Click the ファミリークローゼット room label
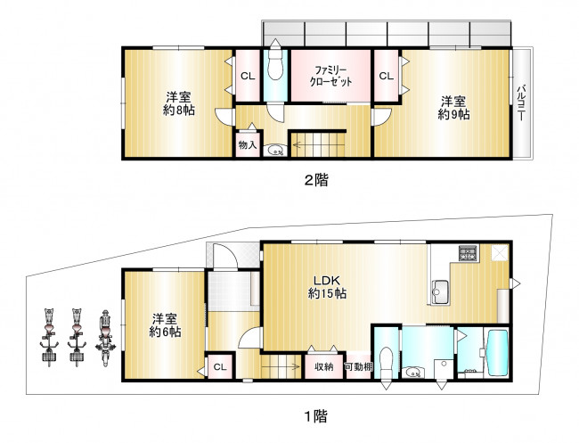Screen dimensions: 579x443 click(x=330, y=76)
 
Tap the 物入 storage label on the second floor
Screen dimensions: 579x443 click(x=248, y=144)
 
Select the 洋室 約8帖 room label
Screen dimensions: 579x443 click(x=179, y=104)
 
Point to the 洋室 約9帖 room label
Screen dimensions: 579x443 click(x=453, y=108)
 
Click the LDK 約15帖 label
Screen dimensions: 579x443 click(x=327, y=287)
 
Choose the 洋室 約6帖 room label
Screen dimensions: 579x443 click(x=165, y=325)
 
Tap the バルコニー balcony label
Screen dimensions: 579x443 click(x=521, y=103)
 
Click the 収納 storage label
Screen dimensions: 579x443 click(x=324, y=367)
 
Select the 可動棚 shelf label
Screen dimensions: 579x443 click(x=359, y=367)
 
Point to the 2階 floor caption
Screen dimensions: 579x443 click(x=316, y=180)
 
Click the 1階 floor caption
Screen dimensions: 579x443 click(x=316, y=417)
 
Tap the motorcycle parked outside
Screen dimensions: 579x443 click(x=105, y=338)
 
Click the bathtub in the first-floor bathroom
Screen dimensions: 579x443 click(x=497, y=353)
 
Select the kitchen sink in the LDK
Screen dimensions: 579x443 click(x=441, y=291)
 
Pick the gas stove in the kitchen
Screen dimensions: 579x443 click(x=469, y=253)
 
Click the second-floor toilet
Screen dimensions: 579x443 click(x=274, y=64)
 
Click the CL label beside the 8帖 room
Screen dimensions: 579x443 click(x=248, y=77)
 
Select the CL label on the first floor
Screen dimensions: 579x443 click(x=220, y=367)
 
